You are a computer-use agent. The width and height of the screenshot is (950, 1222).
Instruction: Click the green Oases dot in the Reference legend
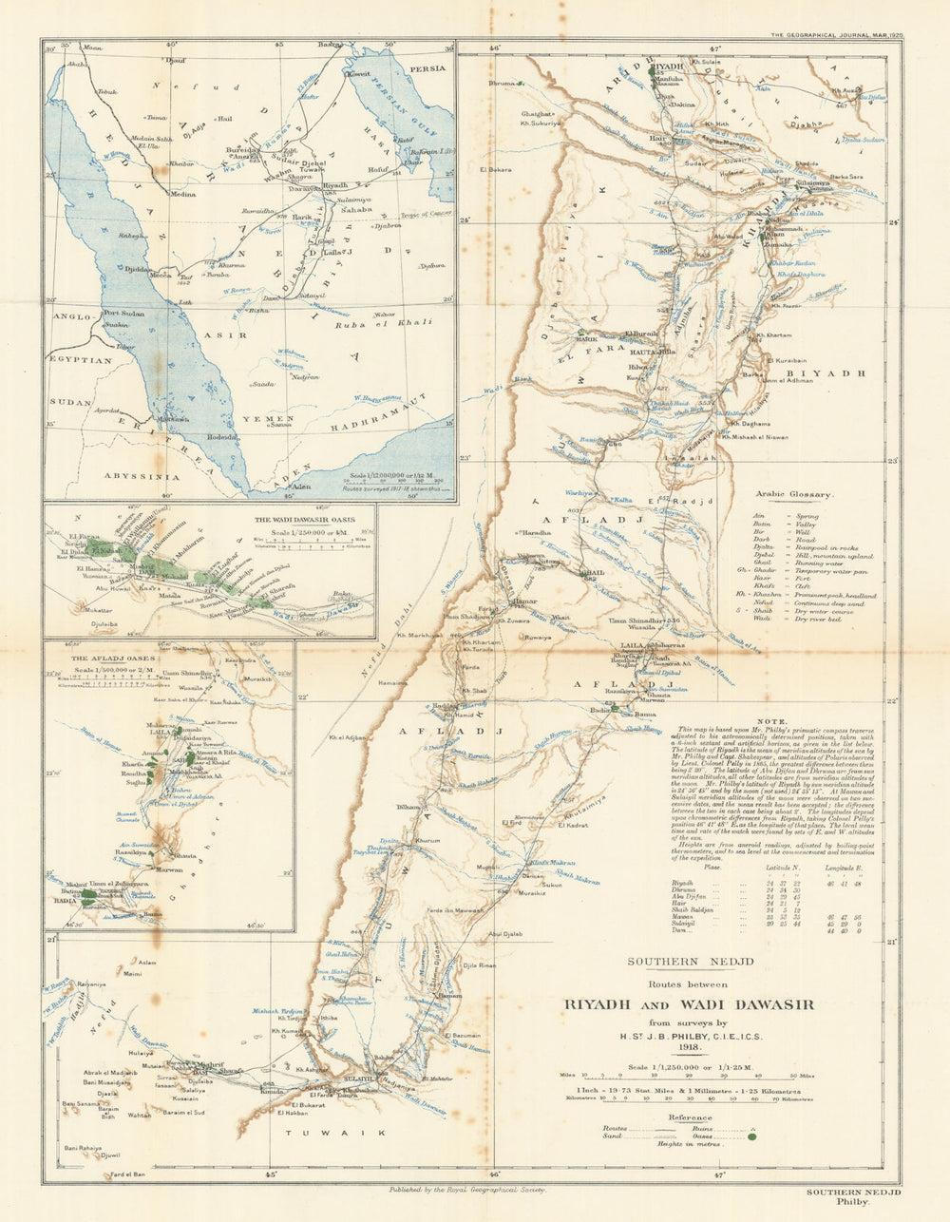(x=752, y=1136)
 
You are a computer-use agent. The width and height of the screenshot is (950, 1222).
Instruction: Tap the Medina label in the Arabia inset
(x=182, y=194)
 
